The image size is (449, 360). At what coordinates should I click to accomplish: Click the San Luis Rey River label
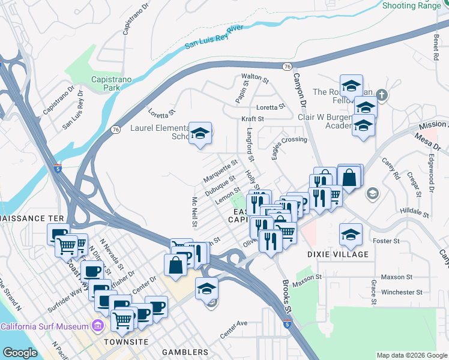pos(214,37)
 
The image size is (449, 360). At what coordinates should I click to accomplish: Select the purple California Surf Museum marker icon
pos(98,326)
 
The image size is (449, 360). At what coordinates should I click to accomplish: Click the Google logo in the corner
pos(20,353)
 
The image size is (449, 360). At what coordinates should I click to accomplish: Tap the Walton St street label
pos(254,77)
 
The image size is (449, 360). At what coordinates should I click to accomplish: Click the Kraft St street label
pos(253,119)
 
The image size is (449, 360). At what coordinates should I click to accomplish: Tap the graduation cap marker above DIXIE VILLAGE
pos(351,235)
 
